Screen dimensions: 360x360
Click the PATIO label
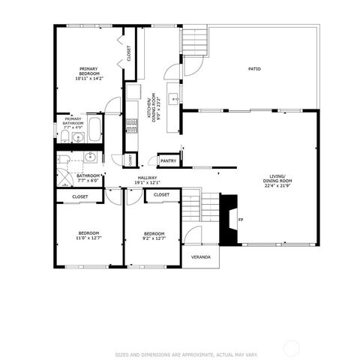point(255,69)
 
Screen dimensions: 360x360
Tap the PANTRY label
point(169,160)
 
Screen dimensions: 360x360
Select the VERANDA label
point(200,257)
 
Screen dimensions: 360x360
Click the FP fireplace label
point(241,220)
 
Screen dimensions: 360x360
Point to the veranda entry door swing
point(195,236)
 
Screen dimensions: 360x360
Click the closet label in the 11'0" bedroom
point(80,196)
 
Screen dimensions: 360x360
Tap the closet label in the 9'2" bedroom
point(161,195)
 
